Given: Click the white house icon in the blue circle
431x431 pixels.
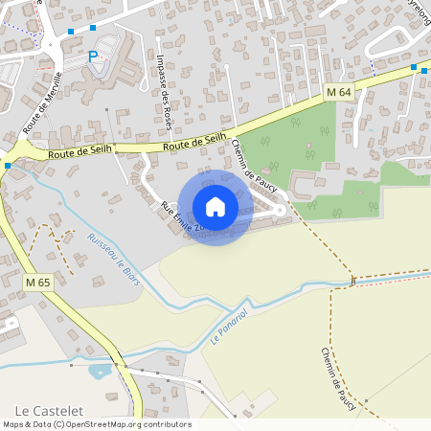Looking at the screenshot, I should coord(215,207).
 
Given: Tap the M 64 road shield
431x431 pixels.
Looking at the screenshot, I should coord(338,91).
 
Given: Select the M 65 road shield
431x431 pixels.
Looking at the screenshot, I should coord(37,283).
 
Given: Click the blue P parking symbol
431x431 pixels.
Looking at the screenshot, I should coord(93,57).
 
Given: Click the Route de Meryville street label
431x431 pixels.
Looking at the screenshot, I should coord(42,101).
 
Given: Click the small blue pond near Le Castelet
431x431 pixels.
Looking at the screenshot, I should coord(100,370).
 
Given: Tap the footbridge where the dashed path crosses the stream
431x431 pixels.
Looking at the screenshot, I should coord(353,281).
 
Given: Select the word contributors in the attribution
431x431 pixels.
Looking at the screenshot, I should coord(167,424).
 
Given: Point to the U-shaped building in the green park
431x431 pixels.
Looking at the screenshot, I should coord(306,183).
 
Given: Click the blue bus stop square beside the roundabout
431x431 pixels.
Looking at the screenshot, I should coord(7,166).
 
